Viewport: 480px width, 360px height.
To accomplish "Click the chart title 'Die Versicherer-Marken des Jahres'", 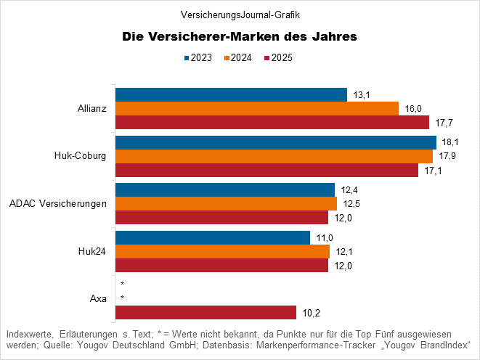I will coord(240,36).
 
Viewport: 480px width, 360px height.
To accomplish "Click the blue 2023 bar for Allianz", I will coord(231,94).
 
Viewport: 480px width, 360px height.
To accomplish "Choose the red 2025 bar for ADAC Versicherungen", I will coord(222,217).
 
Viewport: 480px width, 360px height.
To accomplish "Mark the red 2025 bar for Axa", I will coord(206,312).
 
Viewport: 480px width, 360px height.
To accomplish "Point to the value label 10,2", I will coord(312,313).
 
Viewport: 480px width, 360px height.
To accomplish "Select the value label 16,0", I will coord(413,109).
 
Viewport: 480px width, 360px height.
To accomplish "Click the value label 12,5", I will coord(351,204).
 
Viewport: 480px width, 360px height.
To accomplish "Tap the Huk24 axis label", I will coord(92,251).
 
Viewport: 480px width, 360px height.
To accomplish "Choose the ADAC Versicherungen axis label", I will coord(58,203).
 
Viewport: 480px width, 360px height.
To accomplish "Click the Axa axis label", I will coord(98,298).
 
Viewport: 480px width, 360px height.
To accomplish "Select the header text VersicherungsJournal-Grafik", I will coord(240,14).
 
